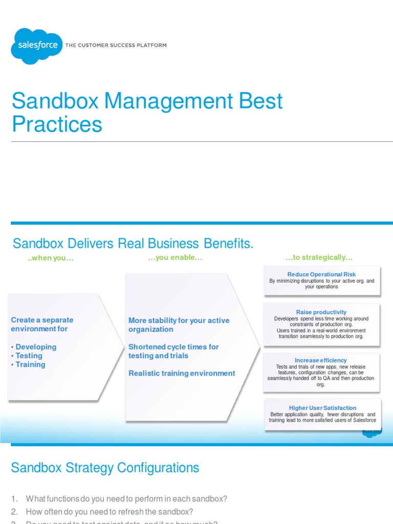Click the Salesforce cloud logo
(36, 46)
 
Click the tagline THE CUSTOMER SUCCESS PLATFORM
(116, 46)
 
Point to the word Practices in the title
(57, 124)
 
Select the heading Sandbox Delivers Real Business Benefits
(133, 243)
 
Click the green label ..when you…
(51, 258)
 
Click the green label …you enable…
(175, 257)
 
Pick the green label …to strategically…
(319, 257)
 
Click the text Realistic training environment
(182, 374)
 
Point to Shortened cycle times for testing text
(173, 351)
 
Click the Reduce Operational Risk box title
(321, 275)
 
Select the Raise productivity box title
(321, 312)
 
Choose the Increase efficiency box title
(321, 360)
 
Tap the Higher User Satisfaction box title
(322, 408)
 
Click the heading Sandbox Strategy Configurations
(105, 468)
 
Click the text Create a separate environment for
(42, 324)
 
